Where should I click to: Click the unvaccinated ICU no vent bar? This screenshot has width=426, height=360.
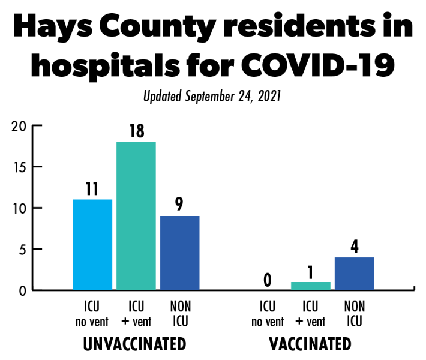click(x=92, y=245)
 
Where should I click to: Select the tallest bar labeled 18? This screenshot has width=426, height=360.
click(x=136, y=216)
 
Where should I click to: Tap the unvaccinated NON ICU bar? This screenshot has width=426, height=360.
click(x=179, y=253)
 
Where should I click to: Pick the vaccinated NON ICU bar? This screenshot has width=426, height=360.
click(x=354, y=274)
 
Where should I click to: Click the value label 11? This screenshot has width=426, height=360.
click(x=92, y=188)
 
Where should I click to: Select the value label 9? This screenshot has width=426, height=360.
click(x=179, y=205)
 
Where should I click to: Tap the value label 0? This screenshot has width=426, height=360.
click(x=268, y=280)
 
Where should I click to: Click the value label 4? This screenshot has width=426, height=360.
click(x=354, y=247)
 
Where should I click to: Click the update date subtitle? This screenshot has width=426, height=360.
click(x=213, y=95)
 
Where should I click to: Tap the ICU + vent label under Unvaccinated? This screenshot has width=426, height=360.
click(x=136, y=314)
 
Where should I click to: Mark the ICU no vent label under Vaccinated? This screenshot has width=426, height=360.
click(x=268, y=314)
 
